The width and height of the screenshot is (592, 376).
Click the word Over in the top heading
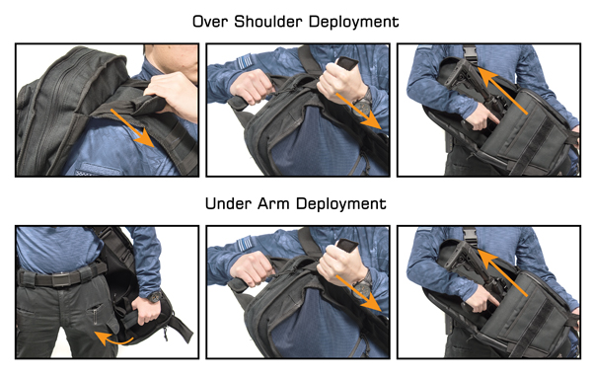point(211,22)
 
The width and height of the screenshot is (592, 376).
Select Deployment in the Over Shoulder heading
point(353,23)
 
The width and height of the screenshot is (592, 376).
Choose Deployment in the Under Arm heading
point(341,205)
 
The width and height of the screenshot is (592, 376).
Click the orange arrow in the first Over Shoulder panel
point(132,127)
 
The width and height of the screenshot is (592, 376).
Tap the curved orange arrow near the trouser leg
point(112,338)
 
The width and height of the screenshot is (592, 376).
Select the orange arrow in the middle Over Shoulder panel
point(359,112)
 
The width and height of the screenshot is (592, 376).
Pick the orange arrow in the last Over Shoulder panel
point(502,90)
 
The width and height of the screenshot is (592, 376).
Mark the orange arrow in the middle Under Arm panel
point(359,294)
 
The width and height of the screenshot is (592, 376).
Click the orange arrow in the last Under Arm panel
point(502,272)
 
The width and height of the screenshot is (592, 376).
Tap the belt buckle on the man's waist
point(60,279)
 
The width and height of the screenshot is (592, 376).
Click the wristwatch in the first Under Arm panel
point(155,296)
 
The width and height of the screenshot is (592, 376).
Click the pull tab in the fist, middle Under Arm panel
point(347,245)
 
